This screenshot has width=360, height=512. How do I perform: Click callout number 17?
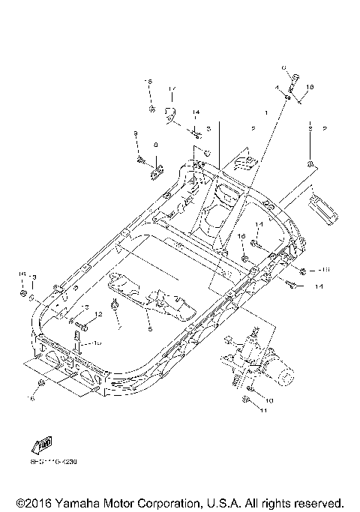(x=171, y=89)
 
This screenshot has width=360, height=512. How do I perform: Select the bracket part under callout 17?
(x=169, y=115)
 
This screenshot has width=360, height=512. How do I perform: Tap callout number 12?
(x=97, y=315)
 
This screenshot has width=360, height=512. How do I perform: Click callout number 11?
(x=263, y=411)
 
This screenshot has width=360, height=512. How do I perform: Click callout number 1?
(x=265, y=112)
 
